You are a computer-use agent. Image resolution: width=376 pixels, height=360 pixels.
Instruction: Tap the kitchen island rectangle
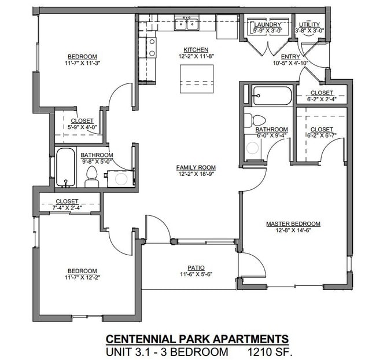(x=197, y=75)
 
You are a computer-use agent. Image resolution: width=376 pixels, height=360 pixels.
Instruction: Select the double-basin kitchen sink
(x=187, y=24)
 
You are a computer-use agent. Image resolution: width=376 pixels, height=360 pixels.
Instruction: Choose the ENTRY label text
(x=290, y=56)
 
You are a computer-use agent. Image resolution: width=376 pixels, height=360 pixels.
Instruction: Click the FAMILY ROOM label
(x=196, y=167)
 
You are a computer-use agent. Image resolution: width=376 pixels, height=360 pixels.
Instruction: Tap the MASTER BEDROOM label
(x=293, y=223)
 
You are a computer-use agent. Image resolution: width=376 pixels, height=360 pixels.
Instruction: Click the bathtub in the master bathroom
(x=271, y=95)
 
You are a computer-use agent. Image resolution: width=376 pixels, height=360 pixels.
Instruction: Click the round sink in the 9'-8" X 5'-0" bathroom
(x=121, y=179)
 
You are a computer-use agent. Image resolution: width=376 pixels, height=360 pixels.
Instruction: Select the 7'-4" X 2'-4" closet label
(x=67, y=203)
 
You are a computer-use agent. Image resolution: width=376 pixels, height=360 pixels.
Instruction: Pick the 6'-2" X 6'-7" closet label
(x=322, y=129)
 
